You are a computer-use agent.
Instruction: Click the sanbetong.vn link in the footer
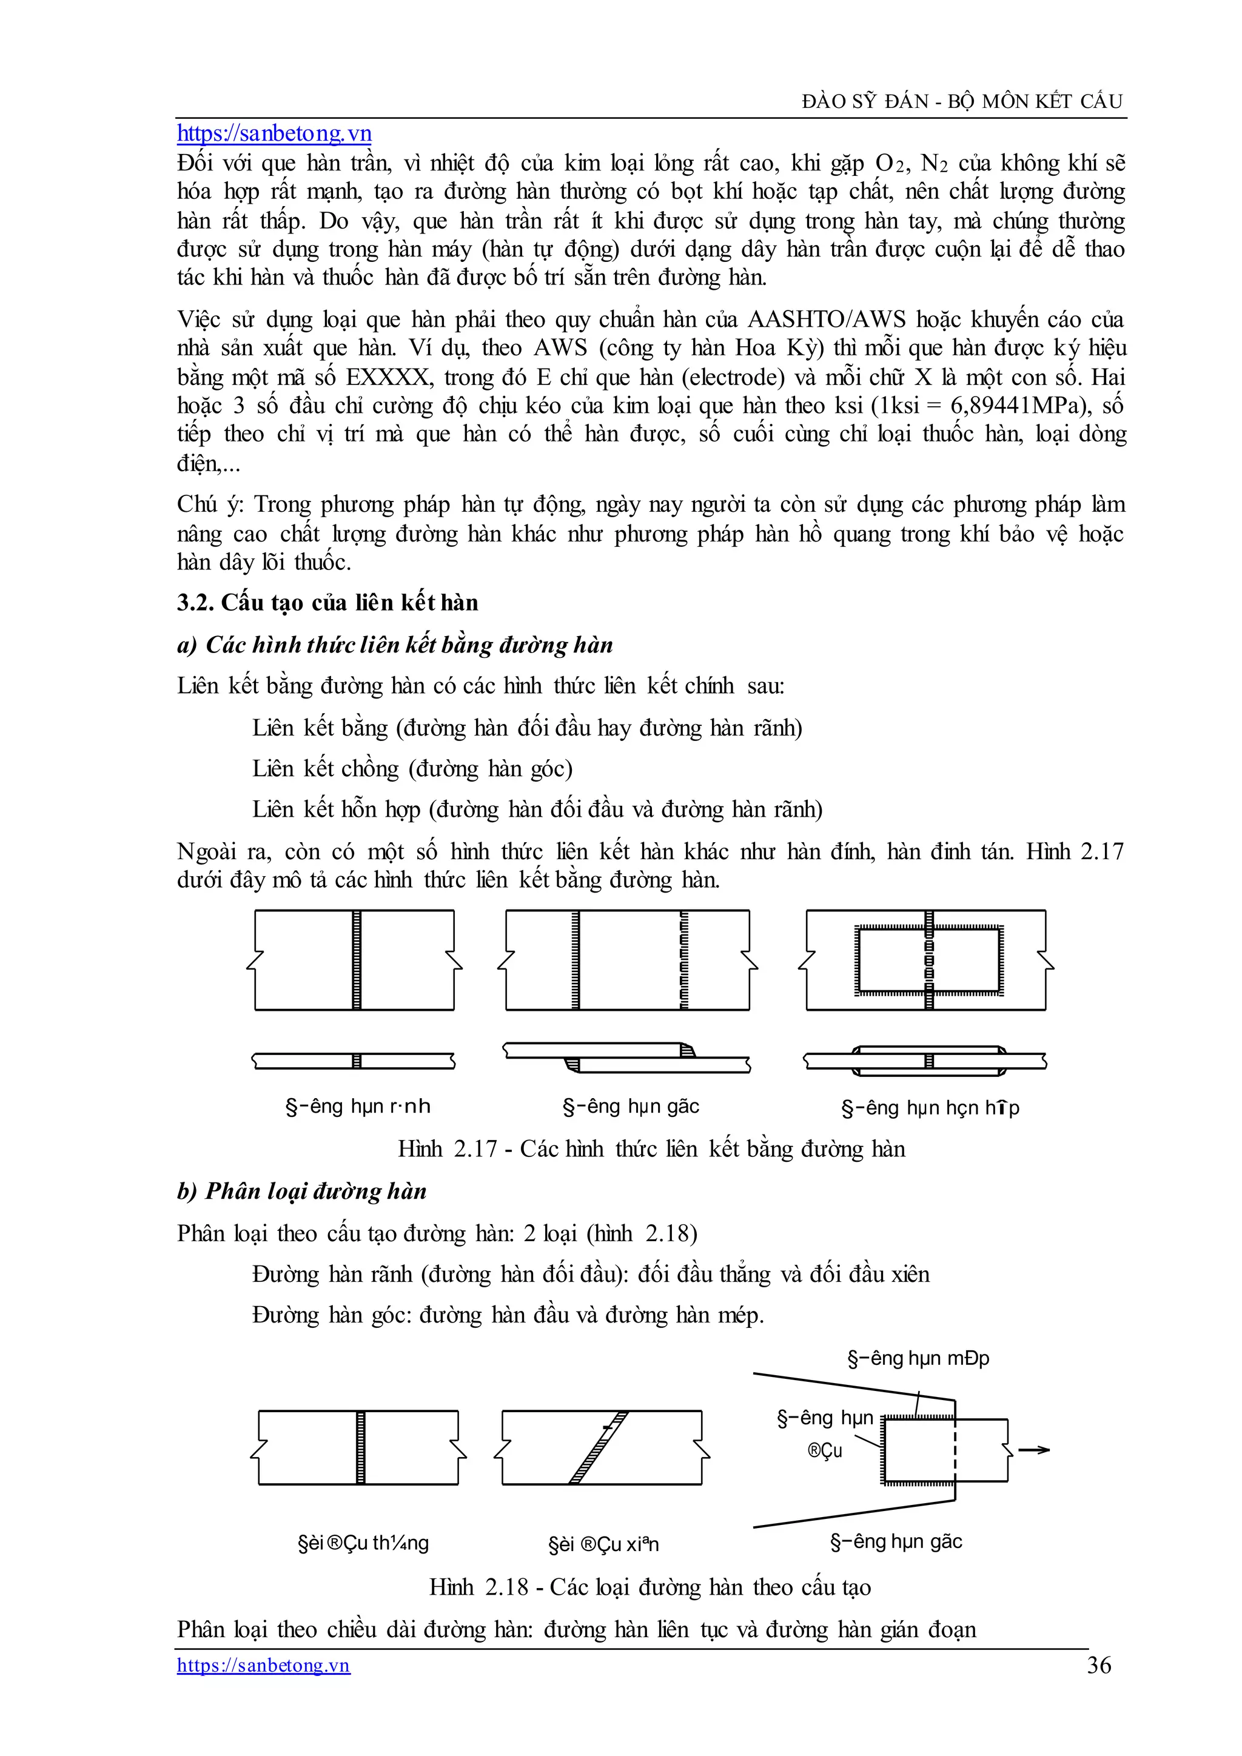pos(263,1665)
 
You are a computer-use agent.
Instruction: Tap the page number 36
pos(1099,1665)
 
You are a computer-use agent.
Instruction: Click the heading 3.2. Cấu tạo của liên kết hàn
pos(327,603)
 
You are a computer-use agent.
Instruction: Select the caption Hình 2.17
pos(651,1149)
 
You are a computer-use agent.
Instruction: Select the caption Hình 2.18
pos(650,1587)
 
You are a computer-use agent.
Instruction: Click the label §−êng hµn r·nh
pos(358,1106)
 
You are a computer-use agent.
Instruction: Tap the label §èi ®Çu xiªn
pos(603,1544)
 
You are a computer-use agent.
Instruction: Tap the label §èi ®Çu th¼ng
pos(363,1543)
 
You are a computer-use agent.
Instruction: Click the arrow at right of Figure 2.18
pos(1034,1449)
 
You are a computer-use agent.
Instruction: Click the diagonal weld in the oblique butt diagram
pos(599,1447)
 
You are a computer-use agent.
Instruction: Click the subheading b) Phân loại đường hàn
pos(301,1191)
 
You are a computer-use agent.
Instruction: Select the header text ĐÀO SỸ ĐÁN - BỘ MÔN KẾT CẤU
pos(962,101)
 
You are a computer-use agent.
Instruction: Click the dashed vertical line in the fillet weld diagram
pos(955,1450)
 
